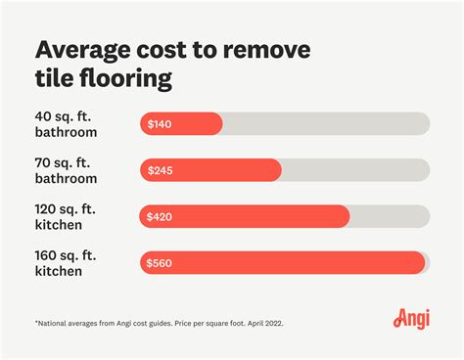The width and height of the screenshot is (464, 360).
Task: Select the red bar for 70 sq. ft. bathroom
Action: [225, 170]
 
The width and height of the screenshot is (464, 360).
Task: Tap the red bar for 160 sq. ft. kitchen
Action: [294, 262]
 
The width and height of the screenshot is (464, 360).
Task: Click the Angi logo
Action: [410, 318]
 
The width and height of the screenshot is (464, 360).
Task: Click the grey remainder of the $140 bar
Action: [323, 124]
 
